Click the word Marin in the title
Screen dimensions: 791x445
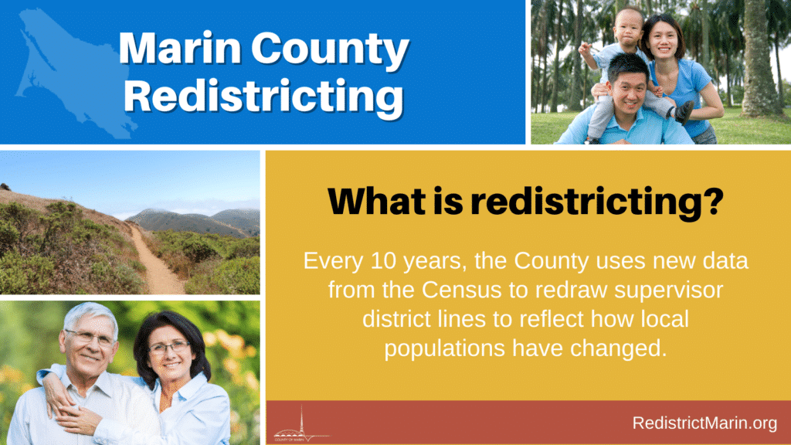pos(180,49)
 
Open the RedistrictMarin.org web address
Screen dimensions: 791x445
pos(704,423)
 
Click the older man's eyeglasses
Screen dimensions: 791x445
pos(90,337)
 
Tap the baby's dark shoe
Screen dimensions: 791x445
pos(685,112)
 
